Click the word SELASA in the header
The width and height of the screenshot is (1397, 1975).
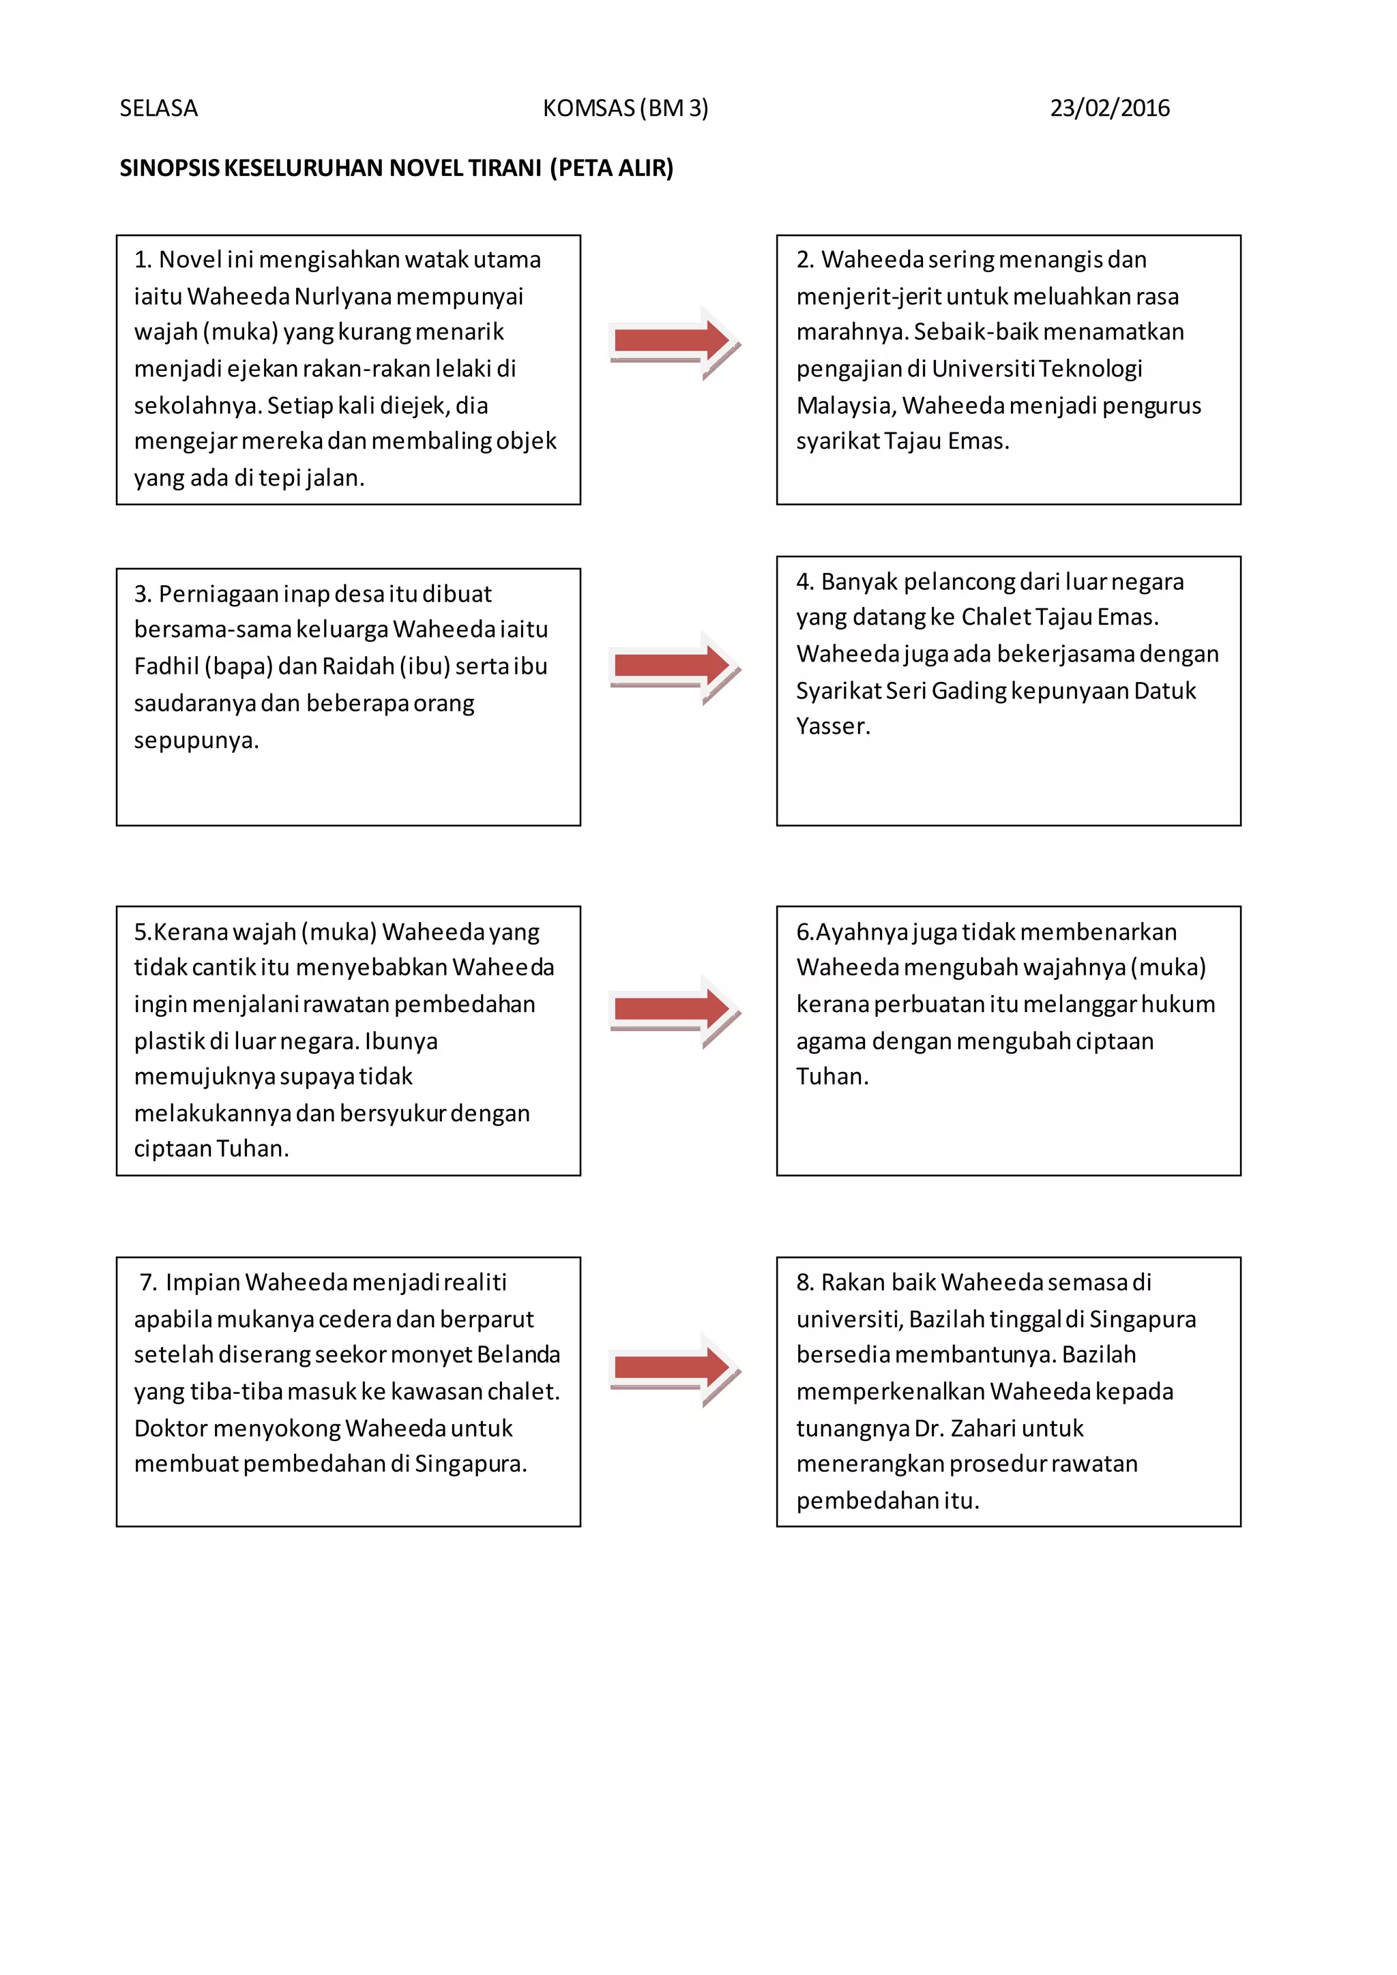pos(158,108)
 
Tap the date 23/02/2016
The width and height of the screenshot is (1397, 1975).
pos(1109,108)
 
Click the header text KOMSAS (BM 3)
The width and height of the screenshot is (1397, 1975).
pos(626,108)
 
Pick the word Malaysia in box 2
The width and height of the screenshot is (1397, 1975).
pos(846,405)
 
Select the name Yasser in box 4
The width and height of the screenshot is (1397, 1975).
pos(832,727)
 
